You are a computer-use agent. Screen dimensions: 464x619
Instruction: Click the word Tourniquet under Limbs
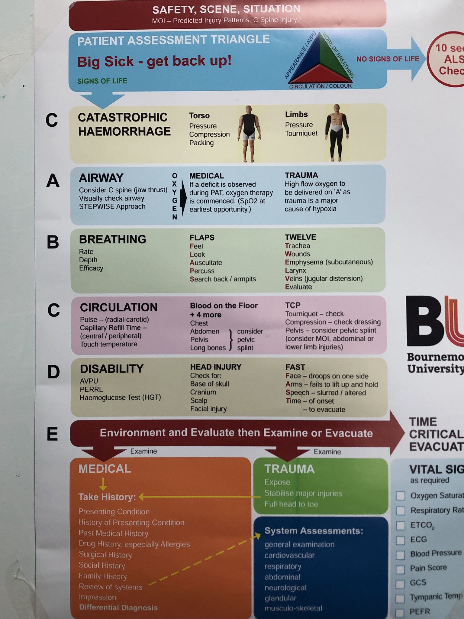[x=301, y=133]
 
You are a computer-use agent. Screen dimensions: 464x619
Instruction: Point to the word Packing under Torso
[x=201, y=143]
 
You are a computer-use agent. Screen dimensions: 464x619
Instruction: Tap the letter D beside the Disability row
[x=53, y=372]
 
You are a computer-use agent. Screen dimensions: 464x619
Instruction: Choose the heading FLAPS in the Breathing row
[x=202, y=238]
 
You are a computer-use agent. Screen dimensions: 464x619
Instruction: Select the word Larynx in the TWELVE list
[x=295, y=270]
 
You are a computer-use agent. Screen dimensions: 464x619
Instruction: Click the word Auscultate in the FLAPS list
[x=206, y=263]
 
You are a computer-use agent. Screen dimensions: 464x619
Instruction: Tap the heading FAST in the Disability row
[x=295, y=367]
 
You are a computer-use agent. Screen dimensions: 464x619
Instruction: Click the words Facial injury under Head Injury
[x=208, y=409]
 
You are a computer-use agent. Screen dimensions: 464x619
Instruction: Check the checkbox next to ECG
[x=401, y=540]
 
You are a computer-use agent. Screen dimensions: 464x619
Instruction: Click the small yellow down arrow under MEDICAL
[x=103, y=484]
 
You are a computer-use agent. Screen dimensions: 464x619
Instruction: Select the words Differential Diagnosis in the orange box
[x=118, y=608]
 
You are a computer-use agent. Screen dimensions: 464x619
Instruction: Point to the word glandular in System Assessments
[x=280, y=598]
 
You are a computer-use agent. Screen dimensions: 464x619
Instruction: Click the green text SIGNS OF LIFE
[x=102, y=81]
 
